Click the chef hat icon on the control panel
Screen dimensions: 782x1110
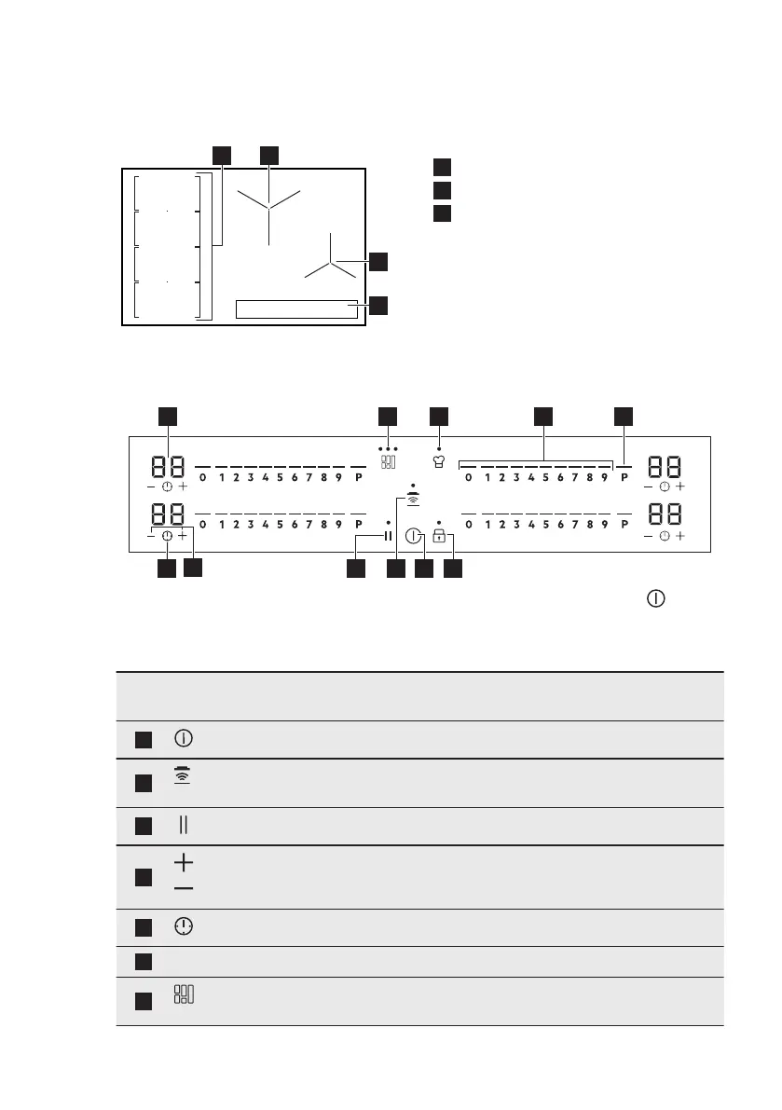point(438,460)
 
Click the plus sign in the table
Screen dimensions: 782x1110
point(184,862)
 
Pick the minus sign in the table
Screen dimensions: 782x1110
point(184,888)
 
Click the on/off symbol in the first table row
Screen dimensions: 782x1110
point(184,739)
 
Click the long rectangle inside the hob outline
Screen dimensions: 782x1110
point(297,309)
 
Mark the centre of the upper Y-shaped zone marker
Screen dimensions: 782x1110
point(268,206)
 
